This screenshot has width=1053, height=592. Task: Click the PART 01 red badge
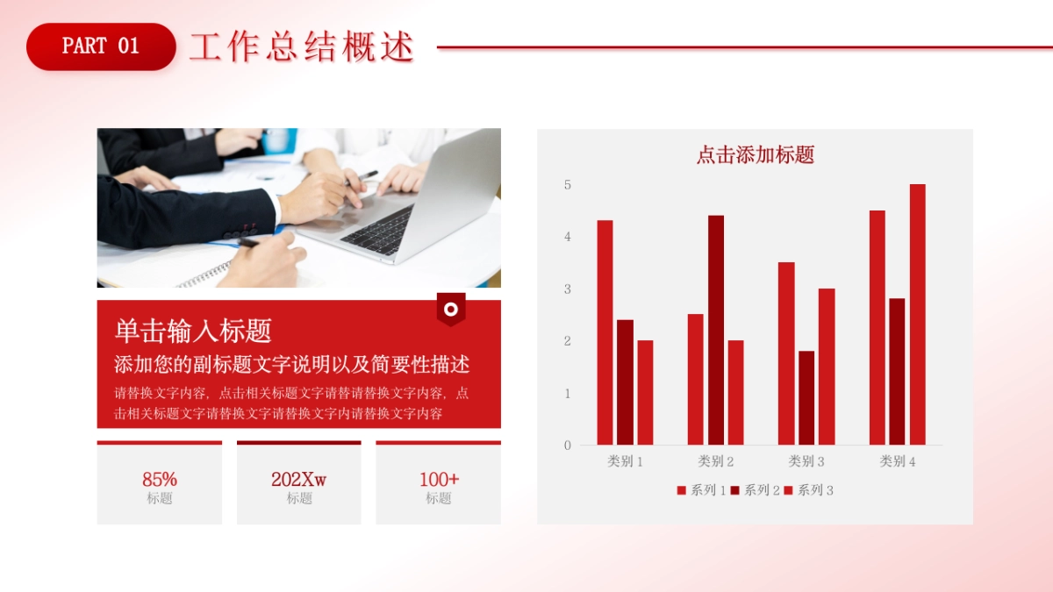tap(101, 46)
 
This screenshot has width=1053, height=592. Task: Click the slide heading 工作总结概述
tap(301, 47)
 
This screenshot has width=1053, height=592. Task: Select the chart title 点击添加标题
tap(755, 155)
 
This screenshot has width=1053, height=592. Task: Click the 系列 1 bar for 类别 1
tap(605, 333)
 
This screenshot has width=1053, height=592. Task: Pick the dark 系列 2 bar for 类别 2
tap(716, 330)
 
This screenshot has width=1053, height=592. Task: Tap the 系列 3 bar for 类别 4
tap(917, 314)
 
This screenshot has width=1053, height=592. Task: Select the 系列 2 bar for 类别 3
tap(806, 398)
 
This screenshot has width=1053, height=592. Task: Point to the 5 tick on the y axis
tap(568, 185)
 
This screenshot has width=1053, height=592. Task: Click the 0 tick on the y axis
tap(568, 446)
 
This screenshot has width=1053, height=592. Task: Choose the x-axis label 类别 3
tap(806, 461)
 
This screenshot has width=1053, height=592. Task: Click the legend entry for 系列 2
tap(755, 490)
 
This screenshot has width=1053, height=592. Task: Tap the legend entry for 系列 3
tap(808, 490)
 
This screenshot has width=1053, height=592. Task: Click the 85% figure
tap(160, 480)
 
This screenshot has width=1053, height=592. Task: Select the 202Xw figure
tap(298, 480)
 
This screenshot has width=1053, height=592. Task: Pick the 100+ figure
tap(439, 480)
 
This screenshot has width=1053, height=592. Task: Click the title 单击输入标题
tap(193, 331)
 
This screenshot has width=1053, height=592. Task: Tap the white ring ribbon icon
tap(451, 309)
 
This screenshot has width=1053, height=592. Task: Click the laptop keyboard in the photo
tap(381, 231)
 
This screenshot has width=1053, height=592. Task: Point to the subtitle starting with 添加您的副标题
tap(291, 365)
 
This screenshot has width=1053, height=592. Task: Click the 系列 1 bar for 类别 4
tap(877, 328)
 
